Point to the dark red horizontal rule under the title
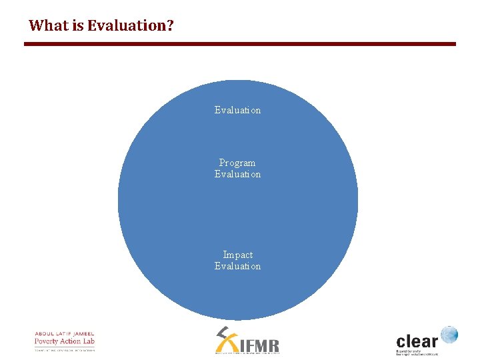coord(240,44)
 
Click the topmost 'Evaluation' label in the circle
coord(237,110)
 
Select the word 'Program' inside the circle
coord(237,163)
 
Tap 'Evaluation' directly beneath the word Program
coord(237,174)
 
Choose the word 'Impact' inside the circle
coord(237,255)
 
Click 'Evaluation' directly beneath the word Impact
coord(237,266)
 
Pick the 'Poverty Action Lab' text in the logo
coord(65,341)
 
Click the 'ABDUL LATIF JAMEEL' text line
coord(65,333)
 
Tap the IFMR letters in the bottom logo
coord(259,345)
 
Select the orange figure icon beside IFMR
coord(227,339)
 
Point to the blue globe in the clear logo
coord(449,334)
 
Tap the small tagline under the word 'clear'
coord(417,351)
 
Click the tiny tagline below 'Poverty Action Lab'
coord(65,349)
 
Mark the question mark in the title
coord(170,26)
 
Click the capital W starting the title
coord(35,26)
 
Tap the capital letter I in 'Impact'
coord(225,255)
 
